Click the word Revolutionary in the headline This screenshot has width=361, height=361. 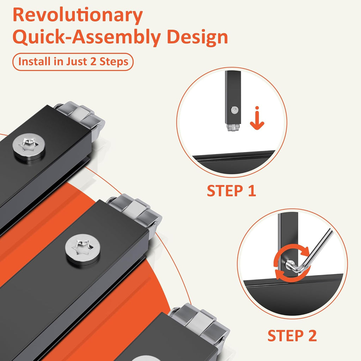78,15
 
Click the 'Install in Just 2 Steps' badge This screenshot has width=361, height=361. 73,62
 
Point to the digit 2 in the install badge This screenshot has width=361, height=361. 93,61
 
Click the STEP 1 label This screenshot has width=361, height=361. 231,191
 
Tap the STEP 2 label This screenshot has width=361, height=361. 292,336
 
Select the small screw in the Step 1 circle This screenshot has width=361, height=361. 234,110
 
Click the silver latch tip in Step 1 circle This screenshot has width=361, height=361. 233,127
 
